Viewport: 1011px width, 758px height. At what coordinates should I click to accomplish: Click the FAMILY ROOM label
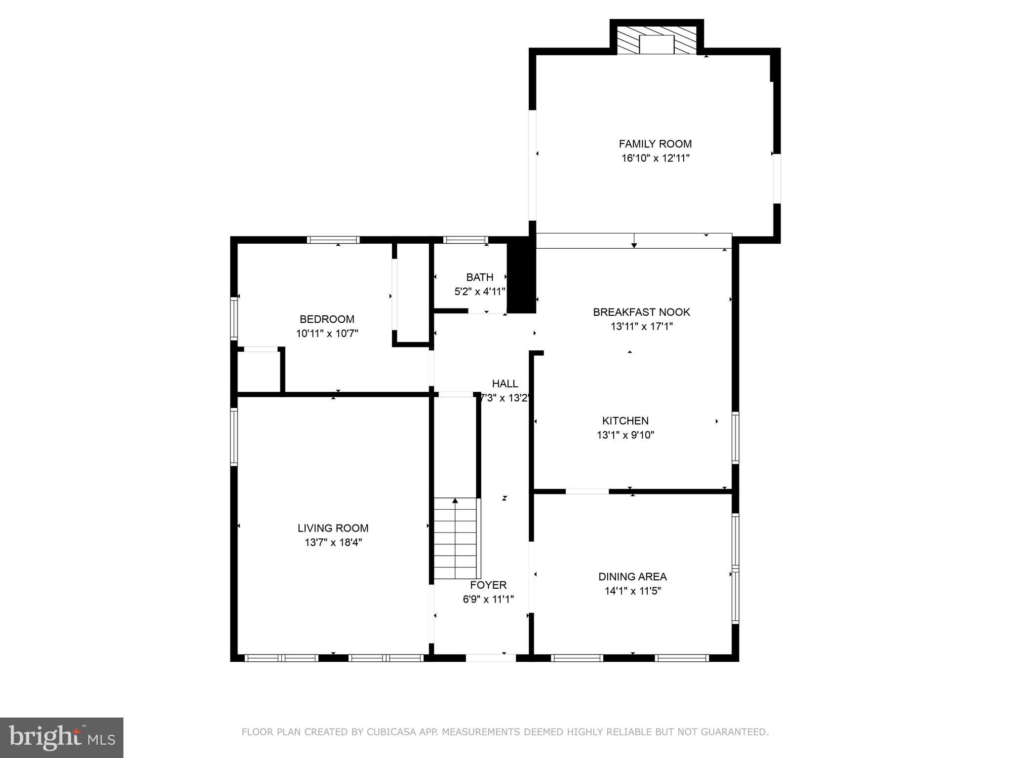pos(655,144)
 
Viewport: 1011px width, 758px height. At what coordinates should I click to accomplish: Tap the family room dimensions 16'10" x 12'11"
pos(655,158)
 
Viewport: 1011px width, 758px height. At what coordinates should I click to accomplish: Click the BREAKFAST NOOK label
pos(641,312)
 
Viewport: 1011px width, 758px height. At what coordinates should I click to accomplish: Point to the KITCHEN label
pos(625,420)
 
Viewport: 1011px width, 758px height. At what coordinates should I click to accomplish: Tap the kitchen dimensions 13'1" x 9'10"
pos(625,435)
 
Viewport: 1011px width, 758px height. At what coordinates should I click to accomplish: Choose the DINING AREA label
pos(632,576)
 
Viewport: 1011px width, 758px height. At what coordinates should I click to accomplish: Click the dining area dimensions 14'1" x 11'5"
pos(632,591)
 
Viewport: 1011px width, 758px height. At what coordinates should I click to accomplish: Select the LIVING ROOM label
pos(333,528)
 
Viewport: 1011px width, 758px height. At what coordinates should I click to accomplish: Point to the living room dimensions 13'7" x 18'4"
pos(333,543)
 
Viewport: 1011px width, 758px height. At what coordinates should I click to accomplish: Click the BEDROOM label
pos(327,319)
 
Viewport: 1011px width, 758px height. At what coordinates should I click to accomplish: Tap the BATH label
pos(479,277)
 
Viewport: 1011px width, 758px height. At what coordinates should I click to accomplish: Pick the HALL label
pos(505,383)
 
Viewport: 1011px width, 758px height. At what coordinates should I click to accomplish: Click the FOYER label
pos(488,585)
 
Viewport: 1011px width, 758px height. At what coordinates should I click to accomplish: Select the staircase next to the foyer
pos(456,538)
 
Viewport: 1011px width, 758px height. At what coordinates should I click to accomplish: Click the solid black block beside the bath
pos(521,276)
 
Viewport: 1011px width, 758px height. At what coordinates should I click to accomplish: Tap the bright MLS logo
pos(61,737)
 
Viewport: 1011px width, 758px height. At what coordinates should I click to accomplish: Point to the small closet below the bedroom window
pos(259,371)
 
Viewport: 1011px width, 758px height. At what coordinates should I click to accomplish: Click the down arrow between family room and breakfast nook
pos(634,241)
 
